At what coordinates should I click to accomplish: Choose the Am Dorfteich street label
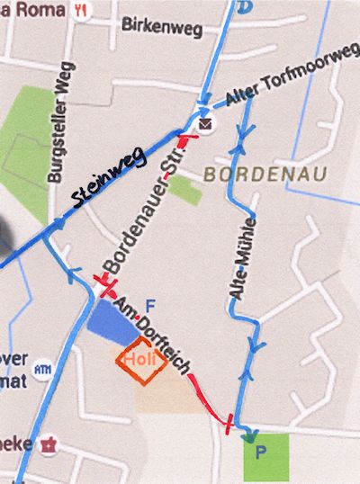(x=152, y=333)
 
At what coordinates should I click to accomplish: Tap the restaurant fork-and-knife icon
(x=81, y=10)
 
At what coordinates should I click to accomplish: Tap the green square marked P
(x=266, y=457)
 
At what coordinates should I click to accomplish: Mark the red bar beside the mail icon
(x=184, y=140)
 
